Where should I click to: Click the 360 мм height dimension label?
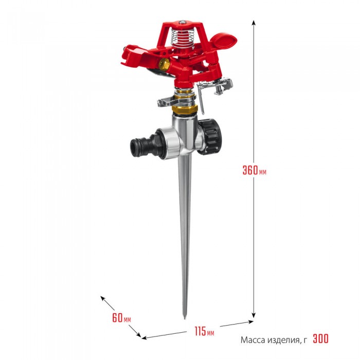255,170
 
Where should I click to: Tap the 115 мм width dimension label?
204,331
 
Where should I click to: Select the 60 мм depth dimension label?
121,317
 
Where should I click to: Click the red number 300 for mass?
321,338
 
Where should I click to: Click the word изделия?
283,340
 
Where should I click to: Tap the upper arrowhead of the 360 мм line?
254,22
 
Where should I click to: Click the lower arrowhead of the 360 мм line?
254,315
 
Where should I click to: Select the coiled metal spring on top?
183,36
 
